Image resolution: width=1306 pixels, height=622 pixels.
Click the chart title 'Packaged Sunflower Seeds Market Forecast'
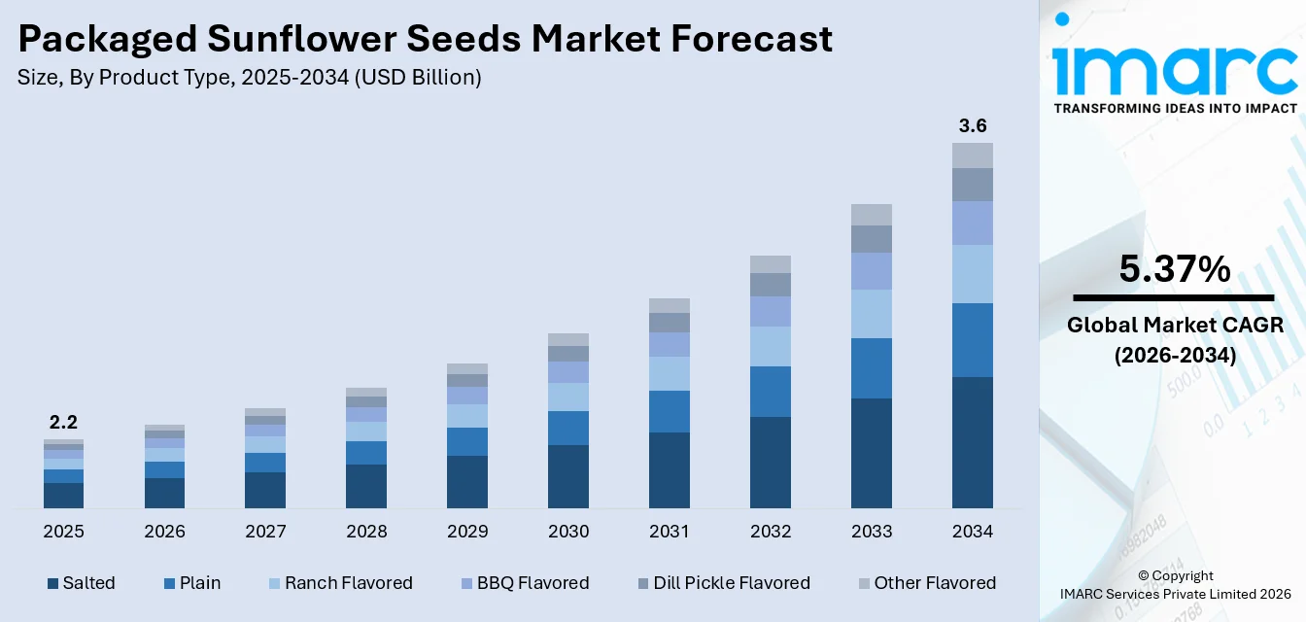click(x=425, y=39)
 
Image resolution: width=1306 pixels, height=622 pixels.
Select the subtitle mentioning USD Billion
click(x=249, y=78)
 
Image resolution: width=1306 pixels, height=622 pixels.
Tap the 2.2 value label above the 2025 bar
click(x=63, y=422)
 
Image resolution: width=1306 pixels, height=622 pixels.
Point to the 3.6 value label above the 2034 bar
click(x=973, y=125)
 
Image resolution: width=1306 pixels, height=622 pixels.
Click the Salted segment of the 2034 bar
click(x=973, y=442)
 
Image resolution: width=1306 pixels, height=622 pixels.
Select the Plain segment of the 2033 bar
click(x=872, y=368)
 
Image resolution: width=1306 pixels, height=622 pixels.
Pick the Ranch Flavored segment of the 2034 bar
click(x=973, y=274)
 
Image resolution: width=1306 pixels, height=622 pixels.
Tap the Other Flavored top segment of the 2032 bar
click(x=771, y=264)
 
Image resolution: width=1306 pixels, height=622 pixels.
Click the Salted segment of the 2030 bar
click(x=568, y=476)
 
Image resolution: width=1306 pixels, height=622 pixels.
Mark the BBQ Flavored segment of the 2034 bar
click(x=973, y=223)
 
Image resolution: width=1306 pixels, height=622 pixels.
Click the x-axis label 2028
click(x=366, y=532)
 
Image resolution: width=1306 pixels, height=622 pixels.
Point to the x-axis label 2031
click(x=670, y=532)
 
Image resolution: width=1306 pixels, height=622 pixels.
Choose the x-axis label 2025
click(x=63, y=532)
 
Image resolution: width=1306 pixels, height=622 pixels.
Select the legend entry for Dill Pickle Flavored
click(x=722, y=583)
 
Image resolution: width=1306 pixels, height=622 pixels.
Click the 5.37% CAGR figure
click(x=1175, y=269)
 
